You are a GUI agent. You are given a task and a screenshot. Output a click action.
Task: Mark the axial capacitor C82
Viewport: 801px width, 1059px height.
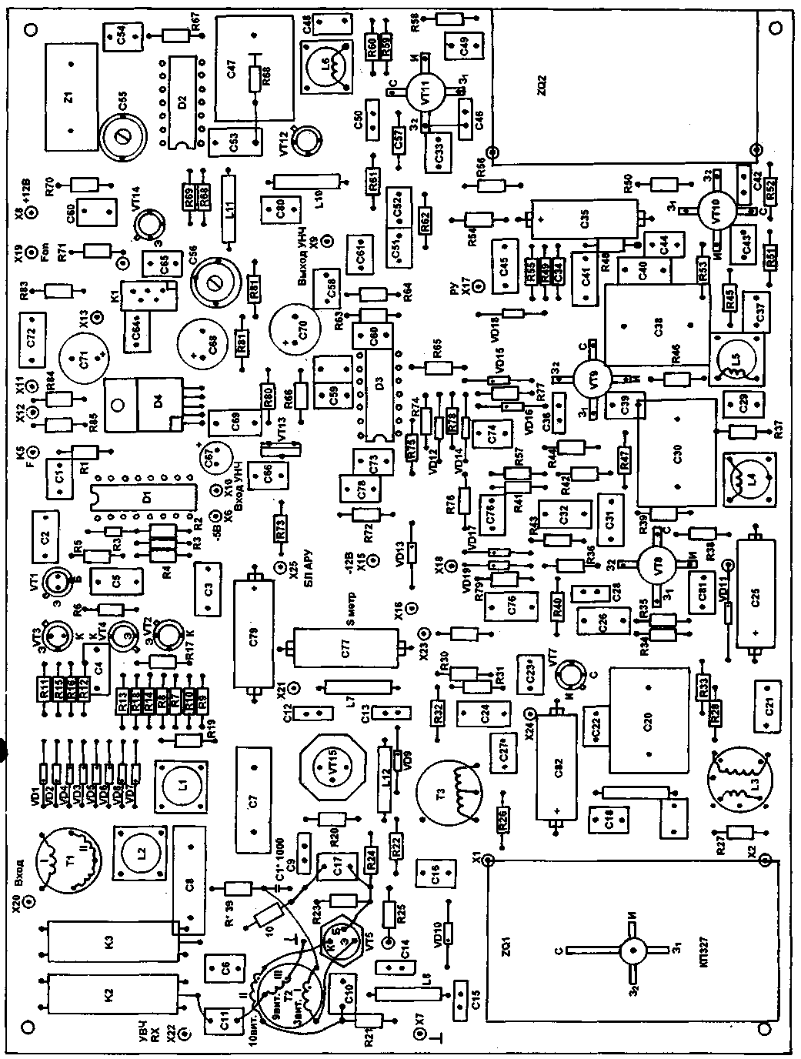click(x=556, y=770)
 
